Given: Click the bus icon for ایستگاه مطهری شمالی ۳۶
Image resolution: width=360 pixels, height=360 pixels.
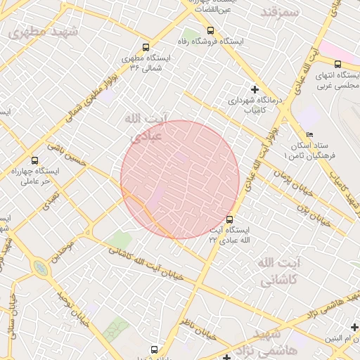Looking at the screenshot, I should click(146, 47).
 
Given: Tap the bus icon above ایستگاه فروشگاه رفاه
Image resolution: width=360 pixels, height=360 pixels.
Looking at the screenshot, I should click(211, 30).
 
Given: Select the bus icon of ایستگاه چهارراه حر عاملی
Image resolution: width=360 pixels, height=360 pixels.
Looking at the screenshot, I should click(35, 161).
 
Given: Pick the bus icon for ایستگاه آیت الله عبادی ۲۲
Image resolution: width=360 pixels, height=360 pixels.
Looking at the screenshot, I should click(229, 219).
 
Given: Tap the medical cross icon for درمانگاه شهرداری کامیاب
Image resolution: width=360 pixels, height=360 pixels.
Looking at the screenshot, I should click(255, 90).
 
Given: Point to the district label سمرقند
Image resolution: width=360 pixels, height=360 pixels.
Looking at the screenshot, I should click(279, 13).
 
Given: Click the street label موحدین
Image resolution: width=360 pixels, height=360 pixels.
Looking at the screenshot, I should click(65, 249).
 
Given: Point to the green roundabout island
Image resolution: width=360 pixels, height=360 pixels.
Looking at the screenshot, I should click(40, 268).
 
